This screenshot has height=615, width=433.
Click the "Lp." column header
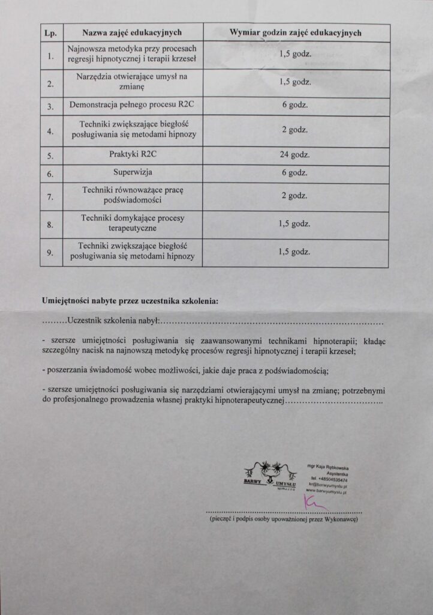50,33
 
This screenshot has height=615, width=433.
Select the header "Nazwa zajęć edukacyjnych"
132,32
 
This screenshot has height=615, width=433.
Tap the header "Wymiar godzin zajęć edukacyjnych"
296,32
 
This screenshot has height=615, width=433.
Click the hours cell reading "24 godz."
295,155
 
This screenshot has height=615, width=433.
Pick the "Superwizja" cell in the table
132,174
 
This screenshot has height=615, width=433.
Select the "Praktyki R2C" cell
132,154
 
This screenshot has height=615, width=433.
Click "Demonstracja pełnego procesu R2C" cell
132,105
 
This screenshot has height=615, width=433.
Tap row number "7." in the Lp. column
50,196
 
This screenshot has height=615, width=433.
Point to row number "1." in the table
50,56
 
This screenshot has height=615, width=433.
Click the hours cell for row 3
295,105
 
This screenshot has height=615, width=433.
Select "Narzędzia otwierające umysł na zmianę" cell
132,82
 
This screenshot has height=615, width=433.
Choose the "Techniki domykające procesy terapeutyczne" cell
132,224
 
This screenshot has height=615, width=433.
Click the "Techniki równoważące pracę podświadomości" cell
132,195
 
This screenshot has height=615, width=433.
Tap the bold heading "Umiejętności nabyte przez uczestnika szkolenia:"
130,300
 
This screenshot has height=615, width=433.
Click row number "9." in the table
50,252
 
